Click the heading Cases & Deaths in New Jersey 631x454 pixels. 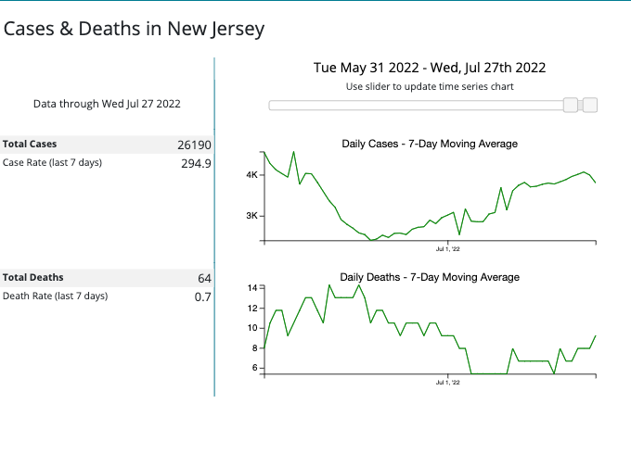pos(135,29)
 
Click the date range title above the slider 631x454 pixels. pos(430,67)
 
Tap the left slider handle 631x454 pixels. pos(571,106)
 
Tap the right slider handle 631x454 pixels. pos(589,106)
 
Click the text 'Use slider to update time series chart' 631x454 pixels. pos(430,86)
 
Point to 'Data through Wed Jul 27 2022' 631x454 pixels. pos(107,104)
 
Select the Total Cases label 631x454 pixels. pos(30,145)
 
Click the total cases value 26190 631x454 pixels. pos(194,145)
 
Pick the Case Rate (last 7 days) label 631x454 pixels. pos(53,163)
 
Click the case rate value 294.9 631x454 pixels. pos(196,164)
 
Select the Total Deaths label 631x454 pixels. pos(32,277)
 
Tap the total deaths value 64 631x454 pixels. pos(204,278)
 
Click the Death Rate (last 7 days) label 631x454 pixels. pos(56,296)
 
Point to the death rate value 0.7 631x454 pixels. pos(202,297)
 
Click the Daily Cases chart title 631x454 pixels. pos(430,144)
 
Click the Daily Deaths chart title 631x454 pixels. pos(430,277)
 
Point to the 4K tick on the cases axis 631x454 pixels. pos(251,175)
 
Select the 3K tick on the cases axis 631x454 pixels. pos(251,216)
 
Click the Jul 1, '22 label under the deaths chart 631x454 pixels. pos(448,382)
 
